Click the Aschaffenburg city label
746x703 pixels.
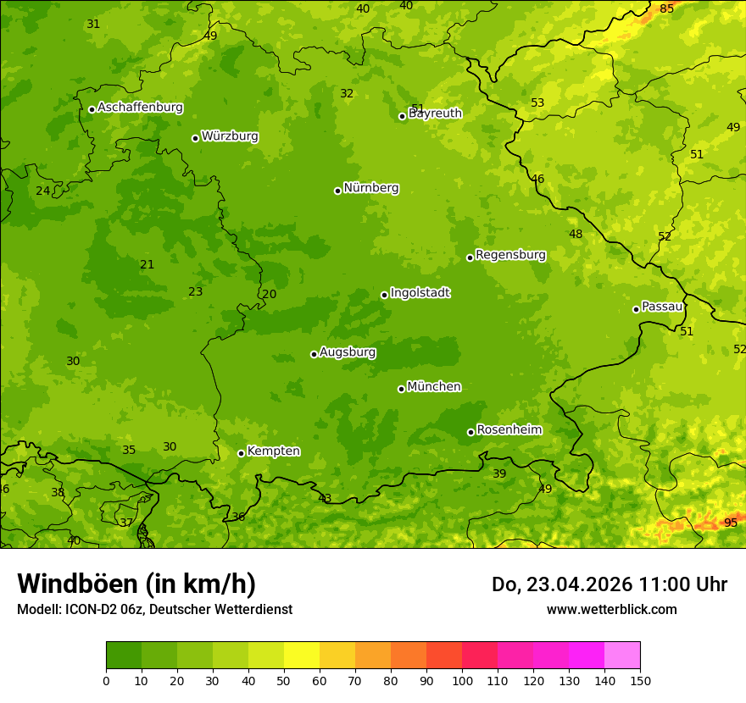pyautogui.click(x=140, y=108)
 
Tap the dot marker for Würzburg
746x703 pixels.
pyautogui.click(x=195, y=138)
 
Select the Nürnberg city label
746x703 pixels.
pyautogui.click(x=370, y=188)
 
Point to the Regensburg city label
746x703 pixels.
pyautogui.click(x=510, y=255)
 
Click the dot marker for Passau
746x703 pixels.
pyautogui.click(x=636, y=309)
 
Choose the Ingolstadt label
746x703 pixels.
pyautogui.click(x=420, y=293)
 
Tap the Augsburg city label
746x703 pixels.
pyautogui.click(x=347, y=352)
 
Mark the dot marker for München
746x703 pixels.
pyautogui.click(x=401, y=389)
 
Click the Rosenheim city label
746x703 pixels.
pyautogui.click(x=509, y=430)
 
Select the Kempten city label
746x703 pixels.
pyautogui.click(x=273, y=451)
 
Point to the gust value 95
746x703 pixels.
pyautogui.click(x=730, y=523)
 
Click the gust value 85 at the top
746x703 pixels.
pyautogui.click(x=666, y=8)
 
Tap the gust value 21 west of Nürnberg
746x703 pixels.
pyautogui.click(x=148, y=264)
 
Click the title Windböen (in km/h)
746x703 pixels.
pyautogui.click(x=136, y=584)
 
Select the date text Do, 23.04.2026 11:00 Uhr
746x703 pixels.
pyautogui.click(x=609, y=584)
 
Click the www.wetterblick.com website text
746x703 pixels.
pyautogui.click(x=611, y=609)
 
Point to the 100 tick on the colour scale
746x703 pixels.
pyautogui.click(x=462, y=680)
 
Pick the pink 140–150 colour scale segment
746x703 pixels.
pyautogui.click(x=622, y=656)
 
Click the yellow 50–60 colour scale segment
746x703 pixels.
pyautogui.click(x=302, y=656)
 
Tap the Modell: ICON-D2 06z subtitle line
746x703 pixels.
pyautogui.click(x=154, y=609)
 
